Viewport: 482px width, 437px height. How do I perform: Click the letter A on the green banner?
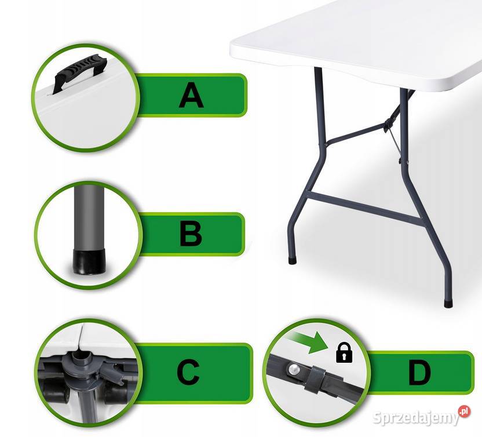pyautogui.click(x=191, y=95)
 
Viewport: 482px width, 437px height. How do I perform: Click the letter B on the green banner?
pyautogui.click(x=191, y=234)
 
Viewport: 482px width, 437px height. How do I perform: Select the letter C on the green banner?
pyautogui.click(x=188, y=372)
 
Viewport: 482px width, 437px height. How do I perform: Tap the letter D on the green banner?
pyautogui.click(x=419, y=373)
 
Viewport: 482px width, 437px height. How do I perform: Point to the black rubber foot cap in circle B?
pyautogui.click(x=89, y=261)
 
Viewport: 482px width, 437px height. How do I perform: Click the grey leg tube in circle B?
pyautogui.click(x=89, y=218)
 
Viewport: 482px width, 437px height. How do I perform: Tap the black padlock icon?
pyautogui.click(x=344, y=352)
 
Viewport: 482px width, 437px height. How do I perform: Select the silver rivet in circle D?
pyautogui.click(x=294, y=368)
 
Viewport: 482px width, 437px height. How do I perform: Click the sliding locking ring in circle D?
pyautogui.click(x=315, y=378)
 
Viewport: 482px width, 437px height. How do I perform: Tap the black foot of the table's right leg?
pyautogui.click(x=448, y=304)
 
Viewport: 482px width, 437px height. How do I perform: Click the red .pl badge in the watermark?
pyautogui.click(x=464, y=411)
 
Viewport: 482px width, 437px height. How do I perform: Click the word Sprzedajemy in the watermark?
pyautogui.click(x=415, y=418)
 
